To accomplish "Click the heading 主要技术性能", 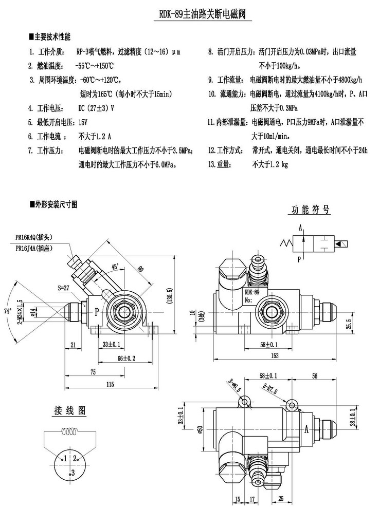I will pyautogui.click(x=51, y=37).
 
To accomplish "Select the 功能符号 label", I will pyautogui.click(x=311, y=210).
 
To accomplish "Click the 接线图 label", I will pyautogui.click(x=70, y=410).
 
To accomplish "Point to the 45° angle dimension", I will pyautogui.click(x=114, y=267).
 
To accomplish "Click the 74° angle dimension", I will pyautogui.click(x=8, y=311).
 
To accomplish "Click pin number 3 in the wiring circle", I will pyautogui.click(x=73, y=472).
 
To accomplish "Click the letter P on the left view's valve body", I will pyautogui.click(x=96, y=311).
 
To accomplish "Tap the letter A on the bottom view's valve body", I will pyautogui.click(x=307, y=427).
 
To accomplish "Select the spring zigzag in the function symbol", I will pyautogui.click(x=287, y=242).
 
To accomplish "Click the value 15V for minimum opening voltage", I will pyautogui.click(x=82, y=123).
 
